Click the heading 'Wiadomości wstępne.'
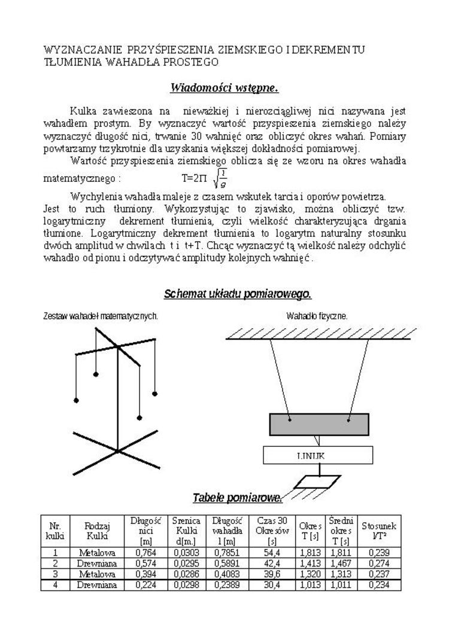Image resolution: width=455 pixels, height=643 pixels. [225, 89]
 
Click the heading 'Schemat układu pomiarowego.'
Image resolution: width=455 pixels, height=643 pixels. [237, 294]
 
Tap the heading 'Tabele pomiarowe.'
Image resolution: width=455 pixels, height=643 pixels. [237, 498]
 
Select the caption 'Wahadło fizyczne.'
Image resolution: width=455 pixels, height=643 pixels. [317, 315]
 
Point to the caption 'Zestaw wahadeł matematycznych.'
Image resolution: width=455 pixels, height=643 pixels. [101, 315]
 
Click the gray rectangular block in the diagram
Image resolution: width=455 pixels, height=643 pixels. [318, 423]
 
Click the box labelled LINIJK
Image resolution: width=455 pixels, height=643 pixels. [318, 456]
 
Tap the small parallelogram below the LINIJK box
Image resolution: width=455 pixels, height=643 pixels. [319, 481]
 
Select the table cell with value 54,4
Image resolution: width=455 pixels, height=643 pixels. [272, 553]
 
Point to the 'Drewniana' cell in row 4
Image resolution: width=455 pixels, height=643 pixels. [97, 585]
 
